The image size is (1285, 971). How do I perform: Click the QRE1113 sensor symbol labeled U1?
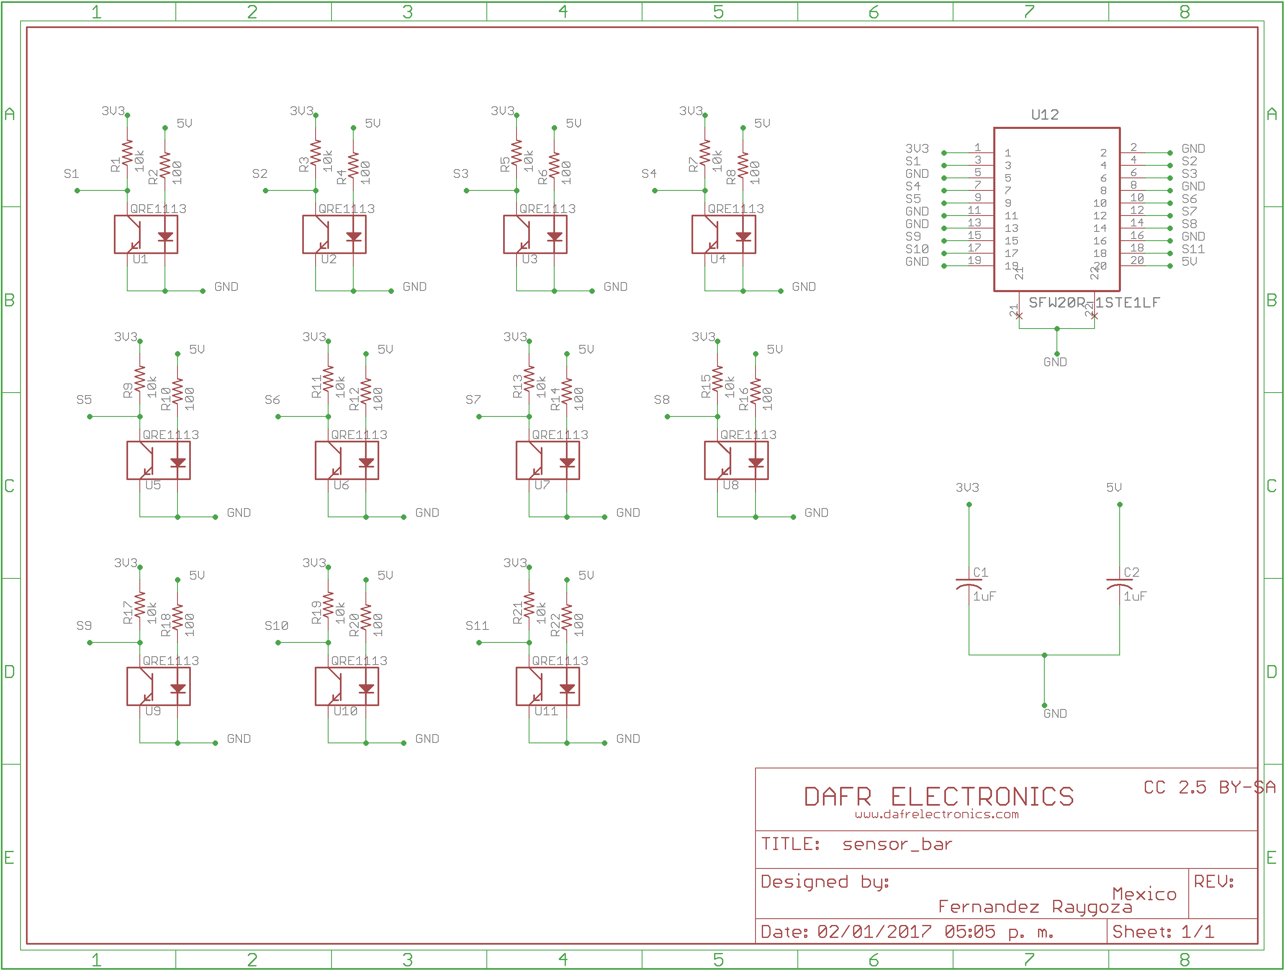click(x=146, y=235)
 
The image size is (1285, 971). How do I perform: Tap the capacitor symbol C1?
click(x=969, y=583)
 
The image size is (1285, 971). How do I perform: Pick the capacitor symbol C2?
click(x=1119, y=583)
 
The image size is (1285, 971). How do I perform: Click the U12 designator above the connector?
click(x=1044, y=114)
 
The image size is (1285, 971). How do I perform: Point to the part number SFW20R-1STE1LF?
click(x=1094, y=303)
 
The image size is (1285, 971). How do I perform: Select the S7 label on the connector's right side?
click(x=1189, y=211)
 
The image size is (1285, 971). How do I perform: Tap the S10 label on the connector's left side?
click(x=917, y=249)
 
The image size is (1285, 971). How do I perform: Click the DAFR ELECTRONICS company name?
click(x=939, y=797)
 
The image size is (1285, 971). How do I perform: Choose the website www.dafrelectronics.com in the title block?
click(x=936, y=814)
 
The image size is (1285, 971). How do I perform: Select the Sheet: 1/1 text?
click(x=1162, y=932)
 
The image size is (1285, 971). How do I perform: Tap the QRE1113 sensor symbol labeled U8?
click(x=736, y=460)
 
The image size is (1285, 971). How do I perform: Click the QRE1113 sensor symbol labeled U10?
click(x=347, y=686)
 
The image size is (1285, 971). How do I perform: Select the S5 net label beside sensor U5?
click(x=84, y=400)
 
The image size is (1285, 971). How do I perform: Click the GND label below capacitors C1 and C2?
click(x=1055, y=714)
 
